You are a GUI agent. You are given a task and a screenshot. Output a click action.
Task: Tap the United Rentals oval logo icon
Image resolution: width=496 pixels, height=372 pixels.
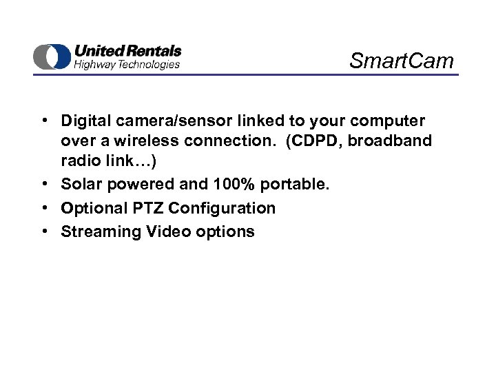[52, 56]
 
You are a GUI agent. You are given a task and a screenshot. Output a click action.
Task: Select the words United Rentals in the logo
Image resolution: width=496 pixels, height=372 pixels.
[127, 51]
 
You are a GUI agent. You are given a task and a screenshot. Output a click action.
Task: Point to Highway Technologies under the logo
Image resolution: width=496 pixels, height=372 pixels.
[127, 64]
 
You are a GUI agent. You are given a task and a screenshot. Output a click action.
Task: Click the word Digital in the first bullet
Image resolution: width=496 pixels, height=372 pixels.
[85, 121]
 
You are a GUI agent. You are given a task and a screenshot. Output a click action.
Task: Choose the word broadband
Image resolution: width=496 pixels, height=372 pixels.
[393, 141]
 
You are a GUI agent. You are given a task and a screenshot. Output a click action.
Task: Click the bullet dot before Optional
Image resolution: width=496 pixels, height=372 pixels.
[43, 208]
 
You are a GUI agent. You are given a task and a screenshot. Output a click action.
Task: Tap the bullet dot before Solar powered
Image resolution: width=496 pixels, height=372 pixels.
[43, 185]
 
